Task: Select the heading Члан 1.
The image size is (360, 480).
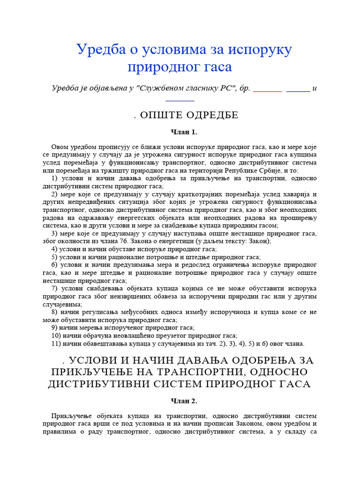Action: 180,132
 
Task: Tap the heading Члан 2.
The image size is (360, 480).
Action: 180,401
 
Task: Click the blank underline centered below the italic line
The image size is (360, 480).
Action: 180,99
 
